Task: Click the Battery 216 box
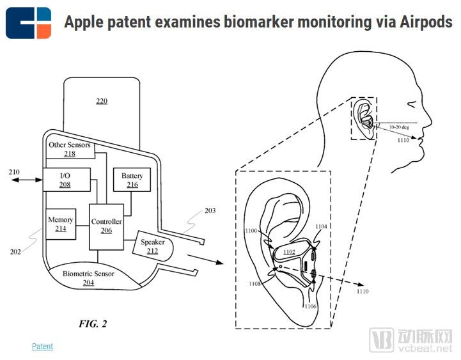point(132,180)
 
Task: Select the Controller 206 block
point(106,227)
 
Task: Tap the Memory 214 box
point(61,224)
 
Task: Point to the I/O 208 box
point(66,180)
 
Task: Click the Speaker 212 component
point(153,246)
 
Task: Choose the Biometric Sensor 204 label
point(88,278)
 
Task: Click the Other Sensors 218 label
point(70,149)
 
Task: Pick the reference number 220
point(102,101)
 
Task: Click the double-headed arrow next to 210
point(27,180)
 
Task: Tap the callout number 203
point(210,210)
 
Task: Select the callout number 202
point(15,252)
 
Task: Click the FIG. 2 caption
point(93,324)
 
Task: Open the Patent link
point(43,346)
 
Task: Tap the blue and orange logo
point(29,23)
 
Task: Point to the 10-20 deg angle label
point(399,127)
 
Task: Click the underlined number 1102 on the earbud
point(289,252)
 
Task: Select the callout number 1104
point(321,226)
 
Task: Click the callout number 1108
point(254,283)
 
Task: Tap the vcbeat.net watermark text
point(425,348)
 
